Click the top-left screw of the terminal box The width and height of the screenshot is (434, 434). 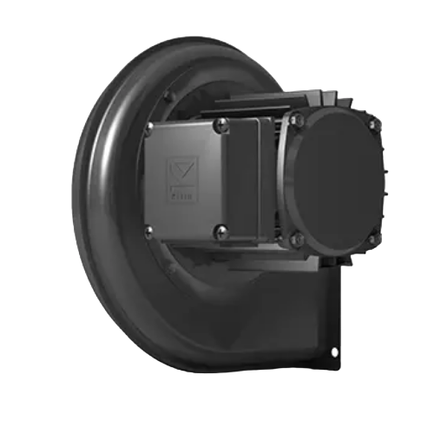coord(150,128)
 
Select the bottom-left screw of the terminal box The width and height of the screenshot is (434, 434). coord(150,229)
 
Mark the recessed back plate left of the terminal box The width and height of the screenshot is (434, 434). coord(130,182)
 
